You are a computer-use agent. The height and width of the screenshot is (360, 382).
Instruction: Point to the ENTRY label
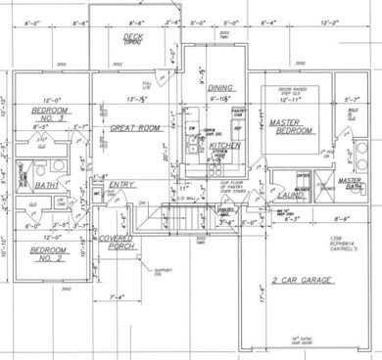coord(121,184)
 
